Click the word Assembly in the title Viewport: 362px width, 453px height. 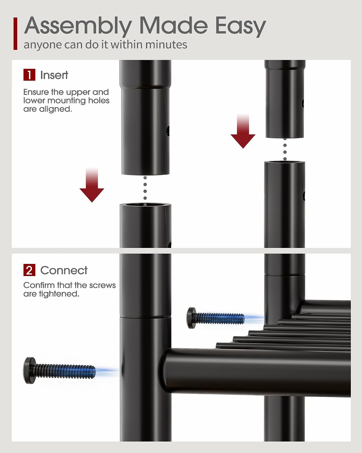(78, 26)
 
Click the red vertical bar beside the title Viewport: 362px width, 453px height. (15, 34)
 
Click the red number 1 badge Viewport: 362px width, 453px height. (29, 75)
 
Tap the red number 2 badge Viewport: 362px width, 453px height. (29, 270)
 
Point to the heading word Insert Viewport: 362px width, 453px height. (54, 75)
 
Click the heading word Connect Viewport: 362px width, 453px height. (64, 270)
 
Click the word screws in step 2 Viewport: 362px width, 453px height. (103, 285)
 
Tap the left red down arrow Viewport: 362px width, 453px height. (92, 185)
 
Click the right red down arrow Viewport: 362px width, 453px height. (243, 131)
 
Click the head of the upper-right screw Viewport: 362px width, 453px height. (192, 318)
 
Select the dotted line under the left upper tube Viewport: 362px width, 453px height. (145, 188)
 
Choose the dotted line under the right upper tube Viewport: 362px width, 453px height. (285, 149)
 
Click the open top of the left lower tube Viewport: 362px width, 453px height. (145, 205)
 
